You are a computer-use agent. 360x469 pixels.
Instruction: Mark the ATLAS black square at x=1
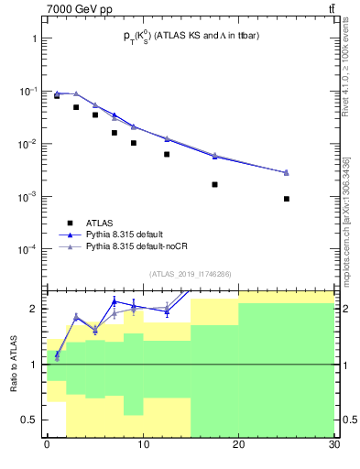57,95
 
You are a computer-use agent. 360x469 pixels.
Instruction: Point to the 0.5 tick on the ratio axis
30,420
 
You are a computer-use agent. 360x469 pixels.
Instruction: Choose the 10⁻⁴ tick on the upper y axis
27,249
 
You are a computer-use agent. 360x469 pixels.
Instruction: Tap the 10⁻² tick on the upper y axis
27,144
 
